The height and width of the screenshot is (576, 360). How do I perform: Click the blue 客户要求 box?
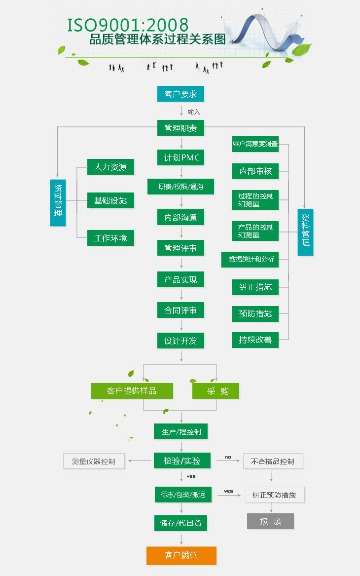[180, 94]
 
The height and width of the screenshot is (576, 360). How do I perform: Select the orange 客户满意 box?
[181, 555]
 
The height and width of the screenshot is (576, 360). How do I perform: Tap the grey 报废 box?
[270, 521]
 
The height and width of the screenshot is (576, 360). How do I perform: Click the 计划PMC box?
[180, 157]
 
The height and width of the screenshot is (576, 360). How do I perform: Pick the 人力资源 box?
[110, 167]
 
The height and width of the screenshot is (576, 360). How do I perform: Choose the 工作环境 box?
[110, 238]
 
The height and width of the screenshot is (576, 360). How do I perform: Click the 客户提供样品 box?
[132, 391]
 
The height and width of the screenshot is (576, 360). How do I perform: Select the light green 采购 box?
[216, 391]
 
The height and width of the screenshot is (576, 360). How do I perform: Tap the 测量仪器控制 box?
[94, 461]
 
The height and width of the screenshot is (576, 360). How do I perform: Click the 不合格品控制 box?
[273, 461]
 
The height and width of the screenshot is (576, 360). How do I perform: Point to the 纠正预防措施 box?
[274, 495]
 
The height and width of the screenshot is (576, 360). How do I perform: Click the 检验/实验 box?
[182, 461]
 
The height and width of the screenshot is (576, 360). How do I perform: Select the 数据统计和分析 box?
[251, 259]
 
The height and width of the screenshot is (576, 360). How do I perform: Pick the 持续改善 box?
[255, 340]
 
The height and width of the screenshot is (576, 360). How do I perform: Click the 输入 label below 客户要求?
[194, 112]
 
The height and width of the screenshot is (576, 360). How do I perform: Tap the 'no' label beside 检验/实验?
[228, 457]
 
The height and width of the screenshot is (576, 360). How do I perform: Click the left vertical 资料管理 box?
[58, 202]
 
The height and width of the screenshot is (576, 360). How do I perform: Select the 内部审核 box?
[255, 171]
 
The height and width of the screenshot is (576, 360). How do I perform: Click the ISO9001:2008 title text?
[128, 25]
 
